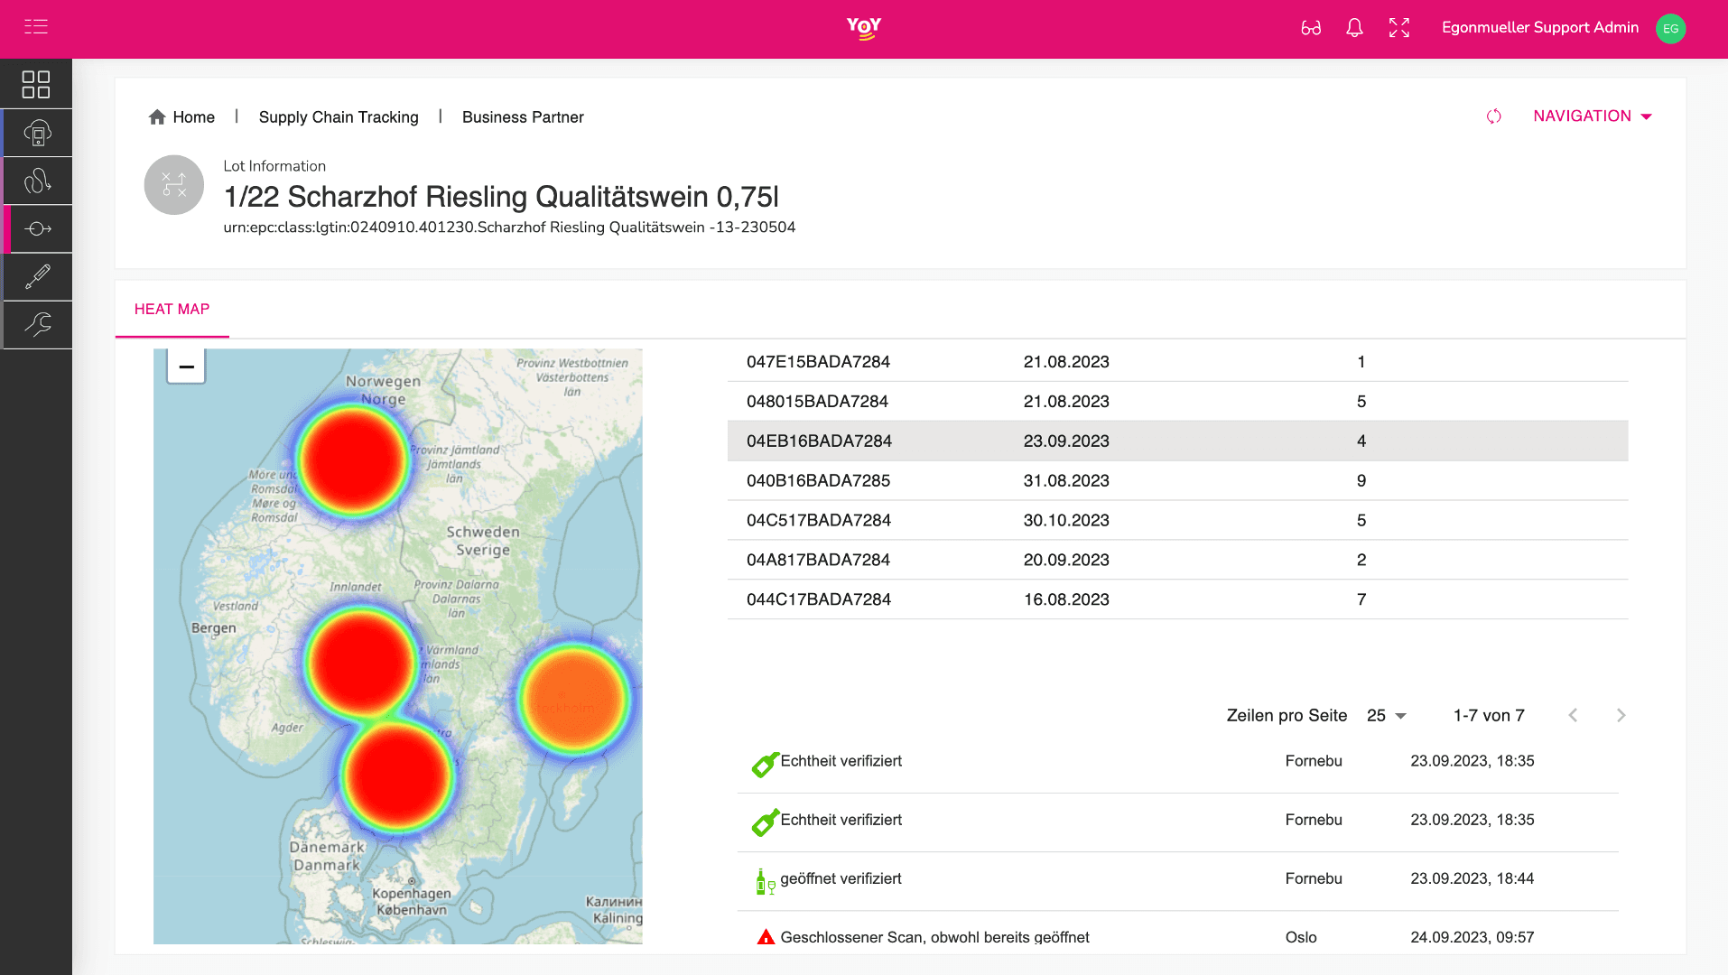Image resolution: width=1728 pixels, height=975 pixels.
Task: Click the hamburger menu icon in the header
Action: [x=36, y=27]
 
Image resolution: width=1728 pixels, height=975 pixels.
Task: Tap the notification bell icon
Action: [x=1354, y=28]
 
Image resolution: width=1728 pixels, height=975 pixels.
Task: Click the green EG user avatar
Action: [x=1670, y=29]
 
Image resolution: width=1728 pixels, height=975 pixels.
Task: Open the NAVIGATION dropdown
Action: [x=1592, y=116]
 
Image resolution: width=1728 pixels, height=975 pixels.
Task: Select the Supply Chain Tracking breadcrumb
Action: [x=339, y=117]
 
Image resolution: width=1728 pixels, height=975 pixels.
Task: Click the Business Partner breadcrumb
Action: [x=523, y=117]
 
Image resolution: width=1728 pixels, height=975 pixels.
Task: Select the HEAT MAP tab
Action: [x=172, y=310]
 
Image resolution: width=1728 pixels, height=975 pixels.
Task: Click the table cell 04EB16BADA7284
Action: [x=819, y=441]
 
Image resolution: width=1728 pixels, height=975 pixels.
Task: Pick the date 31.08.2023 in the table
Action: [x=1066, y=481]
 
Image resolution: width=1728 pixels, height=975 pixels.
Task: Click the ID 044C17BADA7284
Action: [x=819, y=599]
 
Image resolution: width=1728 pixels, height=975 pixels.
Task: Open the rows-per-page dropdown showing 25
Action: [x=1386, y=716]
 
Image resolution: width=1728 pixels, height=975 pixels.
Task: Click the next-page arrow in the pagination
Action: [x=1621, y=716]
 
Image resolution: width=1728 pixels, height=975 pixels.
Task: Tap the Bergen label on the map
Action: [x=214, y=628]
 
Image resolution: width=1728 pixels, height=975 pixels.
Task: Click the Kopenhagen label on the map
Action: [x=412, y=894]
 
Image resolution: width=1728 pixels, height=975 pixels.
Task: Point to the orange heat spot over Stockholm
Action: [x=573, y=700]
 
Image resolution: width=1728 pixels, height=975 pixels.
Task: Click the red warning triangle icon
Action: [x=766, y=937]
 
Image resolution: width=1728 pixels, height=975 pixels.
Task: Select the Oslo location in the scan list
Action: [x=1301, y=937]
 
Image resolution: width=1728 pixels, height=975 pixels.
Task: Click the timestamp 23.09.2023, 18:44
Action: [x=1472, y=878]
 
